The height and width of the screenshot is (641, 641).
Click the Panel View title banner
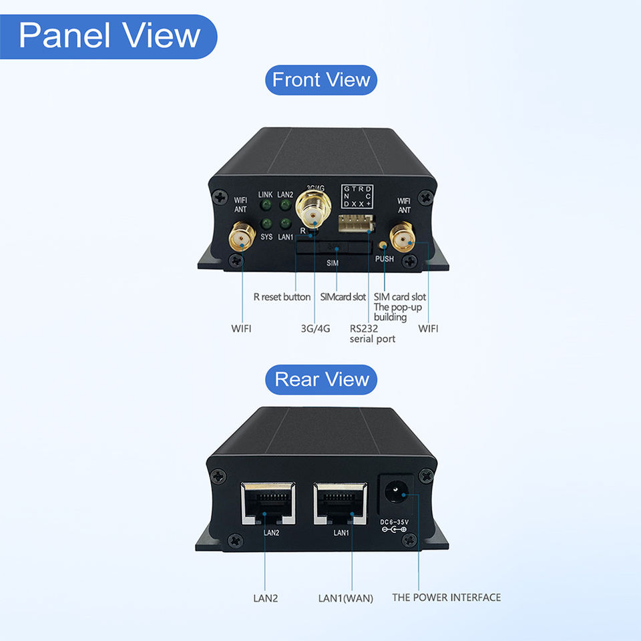109,36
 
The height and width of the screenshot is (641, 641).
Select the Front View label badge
321,80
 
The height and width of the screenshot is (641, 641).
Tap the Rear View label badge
321,379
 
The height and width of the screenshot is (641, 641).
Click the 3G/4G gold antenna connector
312,212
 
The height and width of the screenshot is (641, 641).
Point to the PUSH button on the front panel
383,246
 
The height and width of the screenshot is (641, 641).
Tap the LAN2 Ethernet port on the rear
266,503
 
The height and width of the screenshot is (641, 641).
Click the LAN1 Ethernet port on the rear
341,503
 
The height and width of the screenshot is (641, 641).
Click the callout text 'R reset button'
282,296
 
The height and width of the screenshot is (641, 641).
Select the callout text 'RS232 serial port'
373,334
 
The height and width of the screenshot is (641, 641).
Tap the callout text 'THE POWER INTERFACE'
446,598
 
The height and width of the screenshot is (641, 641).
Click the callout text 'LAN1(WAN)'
345,598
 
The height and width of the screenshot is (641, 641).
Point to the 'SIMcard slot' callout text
343,296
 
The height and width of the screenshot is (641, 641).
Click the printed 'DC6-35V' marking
394,522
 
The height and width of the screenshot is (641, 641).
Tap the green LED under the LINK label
266,206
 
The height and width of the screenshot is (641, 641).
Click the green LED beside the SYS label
266,223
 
